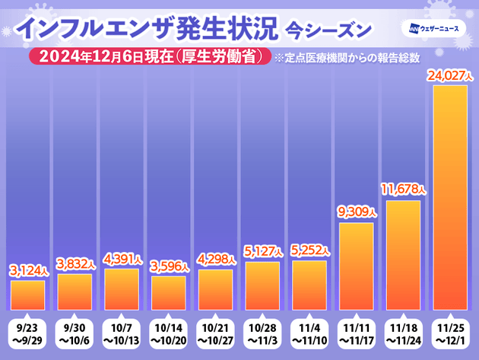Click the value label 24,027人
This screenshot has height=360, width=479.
pos(450,77)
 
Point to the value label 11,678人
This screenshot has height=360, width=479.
pos(403,190)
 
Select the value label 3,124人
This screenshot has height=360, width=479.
pos(28,270)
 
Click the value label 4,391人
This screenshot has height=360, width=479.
pos(122,258)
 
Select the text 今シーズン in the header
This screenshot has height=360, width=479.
pos(329,30)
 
